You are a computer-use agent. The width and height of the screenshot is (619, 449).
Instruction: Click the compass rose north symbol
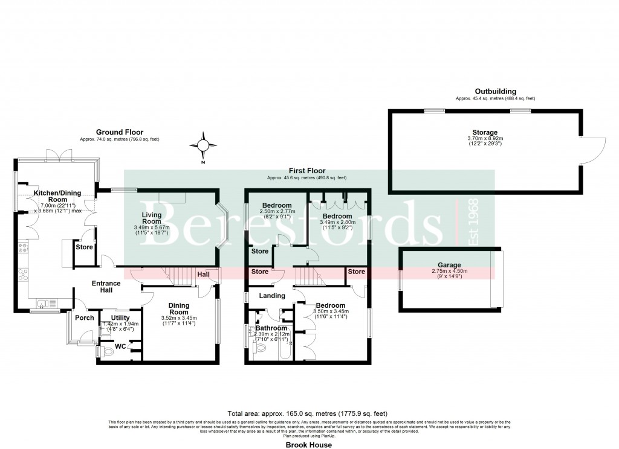point(203,145)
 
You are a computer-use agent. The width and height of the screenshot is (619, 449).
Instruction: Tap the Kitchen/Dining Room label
point(50,196)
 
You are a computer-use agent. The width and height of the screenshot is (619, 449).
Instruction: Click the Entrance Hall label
point(106,287)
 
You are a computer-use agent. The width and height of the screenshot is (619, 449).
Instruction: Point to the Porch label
point(85,318)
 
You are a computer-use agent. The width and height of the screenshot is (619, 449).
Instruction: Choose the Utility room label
point(120,317)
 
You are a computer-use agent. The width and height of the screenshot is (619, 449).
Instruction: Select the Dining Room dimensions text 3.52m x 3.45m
point(178,318)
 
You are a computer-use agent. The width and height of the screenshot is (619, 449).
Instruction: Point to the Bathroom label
point(273,328)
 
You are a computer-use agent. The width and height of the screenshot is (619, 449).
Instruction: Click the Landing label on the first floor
point(272,296)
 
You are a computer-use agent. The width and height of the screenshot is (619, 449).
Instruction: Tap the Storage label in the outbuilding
point(485,132)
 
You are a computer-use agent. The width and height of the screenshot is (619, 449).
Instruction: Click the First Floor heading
point(308,171)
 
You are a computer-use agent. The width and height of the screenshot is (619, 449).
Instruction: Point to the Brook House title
point(309,445)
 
